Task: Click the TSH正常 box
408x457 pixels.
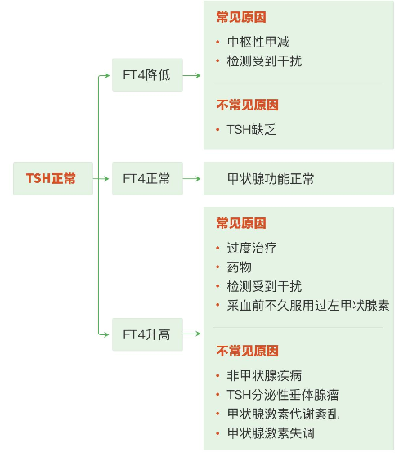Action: click(53, 178)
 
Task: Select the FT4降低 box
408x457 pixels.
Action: click(147, 75)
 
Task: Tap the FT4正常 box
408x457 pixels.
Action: click(147, 178)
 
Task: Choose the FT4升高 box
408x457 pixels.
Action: click(147, 334)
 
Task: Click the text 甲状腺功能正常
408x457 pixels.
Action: click(271, 179)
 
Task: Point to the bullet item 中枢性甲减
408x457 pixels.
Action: click(258, 42)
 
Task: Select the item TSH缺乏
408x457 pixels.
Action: click(251, 130)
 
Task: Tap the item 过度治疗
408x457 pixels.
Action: click(252, 248)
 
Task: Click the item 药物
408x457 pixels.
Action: click(240, 267)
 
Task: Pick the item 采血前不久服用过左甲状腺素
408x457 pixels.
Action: click(308, 306)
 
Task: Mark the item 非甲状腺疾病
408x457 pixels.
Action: click(264, 375)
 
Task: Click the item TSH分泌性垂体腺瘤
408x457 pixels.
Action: click(283, 395)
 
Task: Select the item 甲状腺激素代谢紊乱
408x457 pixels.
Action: click(283, 414)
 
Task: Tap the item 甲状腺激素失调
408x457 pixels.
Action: click(271, 433)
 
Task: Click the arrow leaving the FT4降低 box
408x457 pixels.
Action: click(192, 75)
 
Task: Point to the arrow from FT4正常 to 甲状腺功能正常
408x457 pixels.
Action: click(192, 178)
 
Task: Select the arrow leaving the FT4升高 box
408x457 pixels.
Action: click(192, 334)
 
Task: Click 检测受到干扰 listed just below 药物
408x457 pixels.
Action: click(264, 286)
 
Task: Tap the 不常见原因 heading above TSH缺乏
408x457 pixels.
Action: click(248, 105)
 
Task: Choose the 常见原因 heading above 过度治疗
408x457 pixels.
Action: click(241, 223)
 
